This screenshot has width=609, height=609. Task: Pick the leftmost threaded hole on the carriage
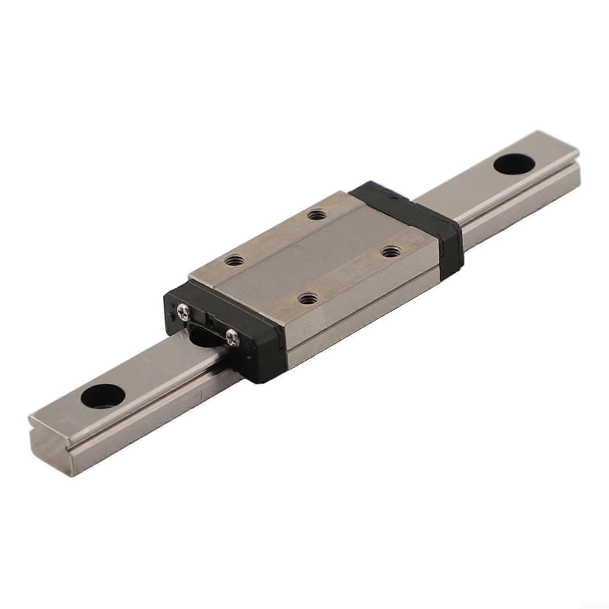click(231, 261)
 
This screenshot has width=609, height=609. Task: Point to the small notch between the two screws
click(207, 315)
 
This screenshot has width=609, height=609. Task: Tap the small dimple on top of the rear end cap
click(392, 197)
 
